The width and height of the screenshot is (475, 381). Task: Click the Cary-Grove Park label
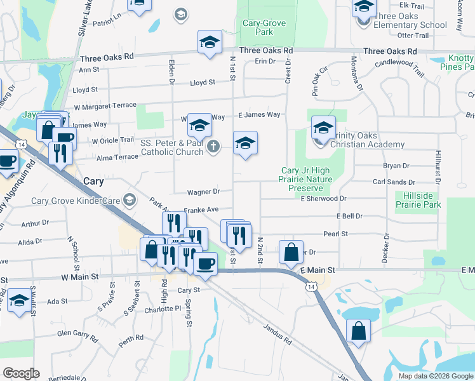pyautogui.click(x=264, y=27)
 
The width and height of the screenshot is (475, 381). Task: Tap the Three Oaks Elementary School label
pyautogui.click(x=410, y=21)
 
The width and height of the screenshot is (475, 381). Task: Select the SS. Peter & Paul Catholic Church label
pyautogui.click(x=172, y=147)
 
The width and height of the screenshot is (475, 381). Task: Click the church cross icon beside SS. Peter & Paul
pyautogui.click(x=214, y=147)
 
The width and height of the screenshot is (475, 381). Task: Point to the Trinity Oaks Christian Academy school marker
pyautogui.click(x=323, y=130)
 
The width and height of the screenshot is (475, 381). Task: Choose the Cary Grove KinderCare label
pyautogui.click(x=77, y=201)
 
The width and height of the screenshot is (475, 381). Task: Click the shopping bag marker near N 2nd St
pyautogui.click(x=290, y=251)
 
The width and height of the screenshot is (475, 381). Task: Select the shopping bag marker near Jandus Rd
pyautogui.click(x=358, y=331)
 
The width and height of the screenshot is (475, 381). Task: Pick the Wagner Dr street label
pyautogui.click(x=203, y=192)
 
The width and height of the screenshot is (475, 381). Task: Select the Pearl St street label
pyautogui.click(x=336, y=234)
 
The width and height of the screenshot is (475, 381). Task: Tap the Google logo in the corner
pyautogui.click(x=21, y=373)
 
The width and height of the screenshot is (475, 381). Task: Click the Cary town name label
pyautogui.click(x=94, y=181)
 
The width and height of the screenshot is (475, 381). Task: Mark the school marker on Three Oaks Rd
pyautogui.click(x=209, y=43)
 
